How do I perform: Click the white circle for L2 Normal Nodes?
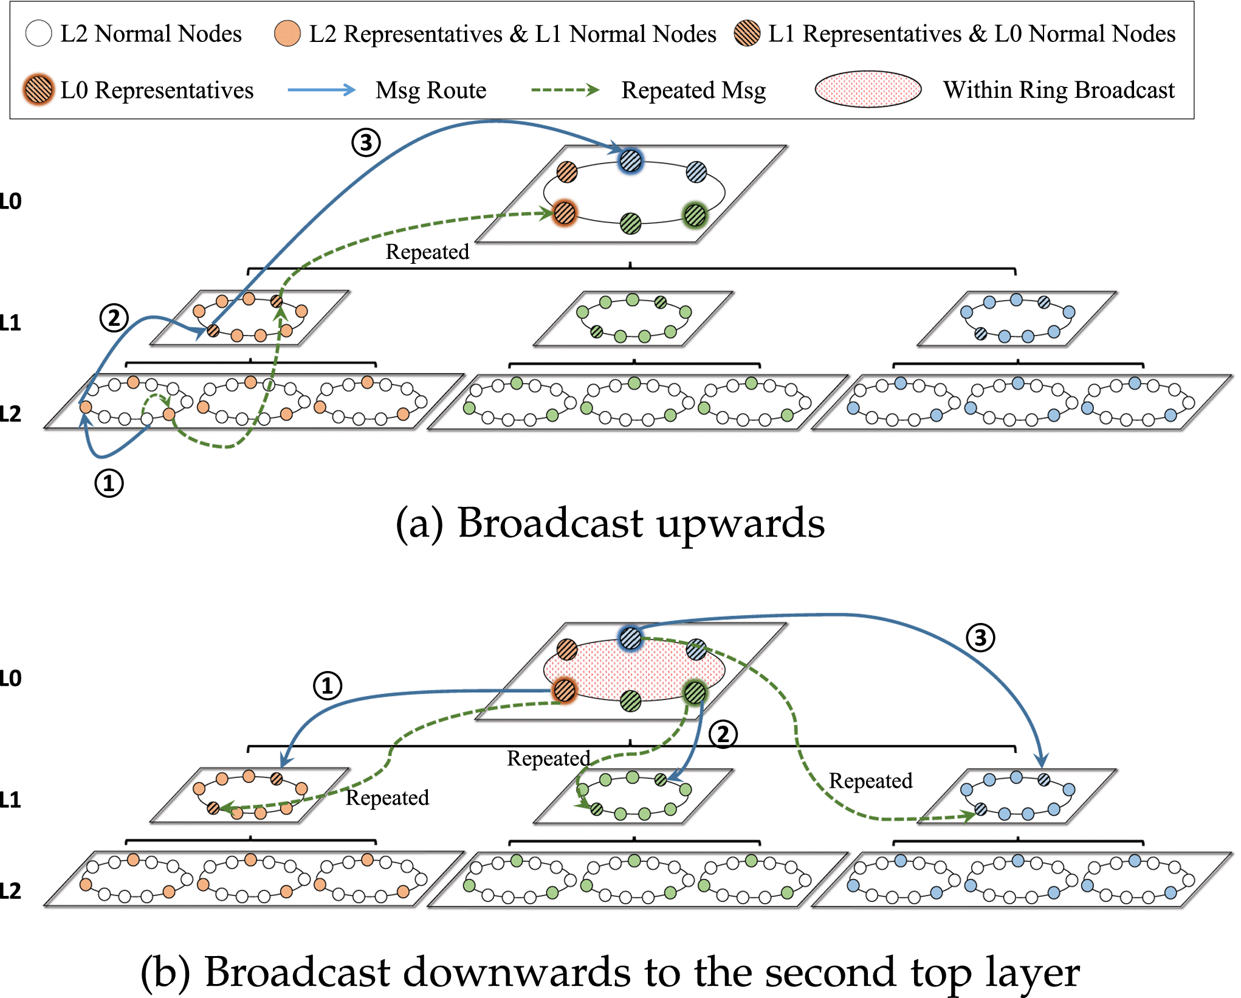pyautogui.click(x=38, y=33)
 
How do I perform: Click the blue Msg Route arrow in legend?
pyautogui.click(x=321, y=90)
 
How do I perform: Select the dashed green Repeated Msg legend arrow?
pyautogui.click(x=565, y=90)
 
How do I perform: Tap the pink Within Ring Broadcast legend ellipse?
pyautogui.click(x=868, y=89)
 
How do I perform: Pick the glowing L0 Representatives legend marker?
pyautogui.click(x=38, y=90)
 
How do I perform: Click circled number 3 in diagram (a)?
pyautogui.click(x=366, y=143)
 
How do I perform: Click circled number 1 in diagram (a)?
pyautogui.click(x=109, y=483)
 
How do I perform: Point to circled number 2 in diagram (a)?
pyautogui.click(x=114, y=318)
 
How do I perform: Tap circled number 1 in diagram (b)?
pyautogui.click(x=327, y=686)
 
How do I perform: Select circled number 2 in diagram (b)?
pyautogui.click(x=723, y=734)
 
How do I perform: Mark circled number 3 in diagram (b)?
pyautogui.click(x=980, y=638)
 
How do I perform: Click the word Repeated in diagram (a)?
pyautogui.click(x=427, y=252)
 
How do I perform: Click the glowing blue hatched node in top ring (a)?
pyautogui.click(x=630, y=161)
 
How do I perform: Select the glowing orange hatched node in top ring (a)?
pyautogui.click(x=565, y=213)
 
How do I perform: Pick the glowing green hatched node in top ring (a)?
pyautogui.click(x=695, y=215)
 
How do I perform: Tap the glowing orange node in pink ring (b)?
pyautogui.click(x=565, y=690)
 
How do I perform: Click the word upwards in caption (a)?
pyautogui.click(x=740, y=523)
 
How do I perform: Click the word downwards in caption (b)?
pyautogui.click(x=520, y=972)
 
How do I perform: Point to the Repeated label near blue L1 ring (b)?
pyautogui.click(x=870, y=781)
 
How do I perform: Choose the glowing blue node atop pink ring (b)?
pyautogui.click(x=630, y=638)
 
